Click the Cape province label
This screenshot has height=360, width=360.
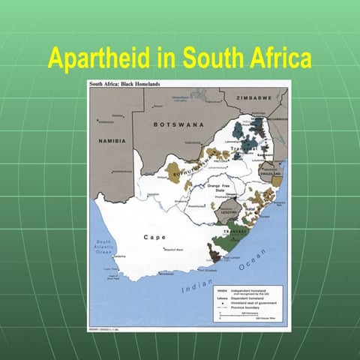tap(154, 237)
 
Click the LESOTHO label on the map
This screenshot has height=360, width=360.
tap(226, 211)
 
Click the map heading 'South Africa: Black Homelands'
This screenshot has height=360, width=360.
tap(127, 84)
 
